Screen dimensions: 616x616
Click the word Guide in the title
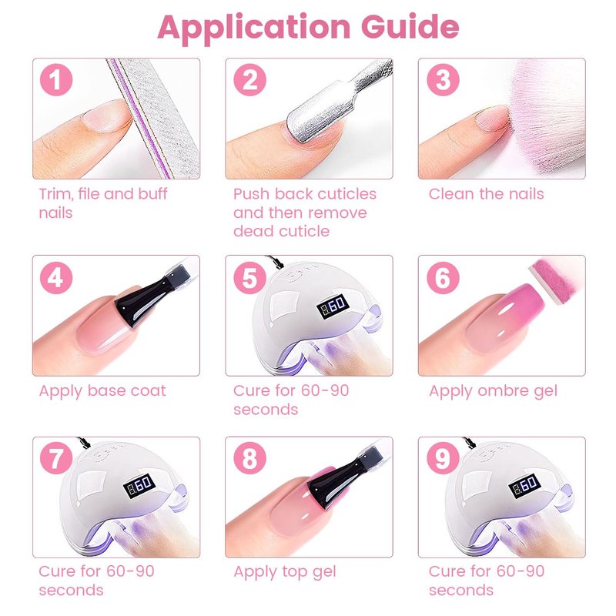(410, 27)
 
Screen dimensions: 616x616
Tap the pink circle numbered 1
(56, 80)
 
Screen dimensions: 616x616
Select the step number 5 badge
(249, 278)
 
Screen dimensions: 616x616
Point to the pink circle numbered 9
(444, 458)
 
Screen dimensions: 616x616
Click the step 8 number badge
(249, 458)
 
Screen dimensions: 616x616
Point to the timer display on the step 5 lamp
(333, 306)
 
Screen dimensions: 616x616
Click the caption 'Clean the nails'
(487, 194)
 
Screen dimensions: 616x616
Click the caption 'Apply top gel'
(285, 572)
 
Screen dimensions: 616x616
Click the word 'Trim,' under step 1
(55, 194)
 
